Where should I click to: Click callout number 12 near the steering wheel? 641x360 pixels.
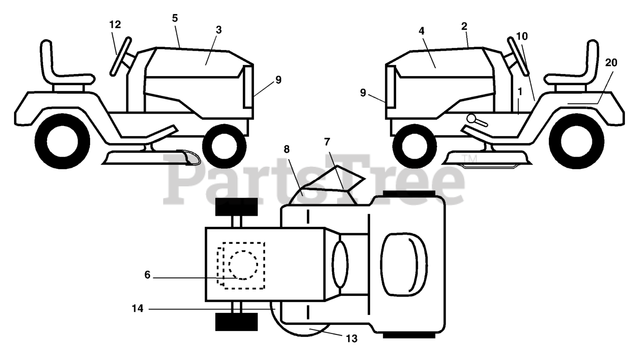pos(115,25)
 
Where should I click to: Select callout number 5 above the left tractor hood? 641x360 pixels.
pos(175,19)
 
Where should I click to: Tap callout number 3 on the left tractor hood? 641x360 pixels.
pos(219,30)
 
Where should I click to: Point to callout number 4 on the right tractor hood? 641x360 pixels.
pos(421,31)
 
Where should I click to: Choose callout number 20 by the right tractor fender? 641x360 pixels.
pos(611,63)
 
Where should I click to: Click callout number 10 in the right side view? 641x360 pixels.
pos(522,37)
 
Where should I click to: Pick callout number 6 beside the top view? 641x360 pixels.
pos(147,275)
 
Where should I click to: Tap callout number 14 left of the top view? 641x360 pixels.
pos(137,308)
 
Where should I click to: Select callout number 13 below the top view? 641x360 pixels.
pos(352,339)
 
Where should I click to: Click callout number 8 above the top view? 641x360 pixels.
pos(286,149)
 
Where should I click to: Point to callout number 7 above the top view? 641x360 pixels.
pos(327,142)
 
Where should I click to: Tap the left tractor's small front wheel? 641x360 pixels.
pos(224,146)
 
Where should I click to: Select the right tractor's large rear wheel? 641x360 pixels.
pos(576,141)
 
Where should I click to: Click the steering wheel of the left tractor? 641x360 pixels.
pos(121,57)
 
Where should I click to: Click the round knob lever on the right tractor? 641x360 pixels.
pos(476,120)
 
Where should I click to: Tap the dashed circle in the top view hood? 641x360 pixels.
pos(243,265)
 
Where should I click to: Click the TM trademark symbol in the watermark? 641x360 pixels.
pos(472,159)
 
